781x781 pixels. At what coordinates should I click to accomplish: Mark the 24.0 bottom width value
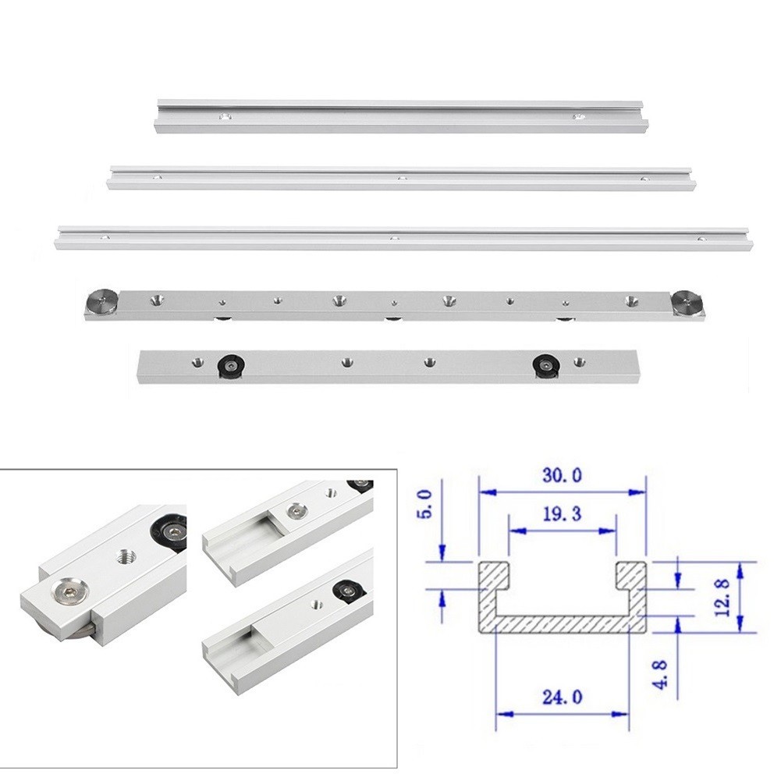click(561, 697)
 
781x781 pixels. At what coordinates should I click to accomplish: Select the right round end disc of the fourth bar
click(687, 304)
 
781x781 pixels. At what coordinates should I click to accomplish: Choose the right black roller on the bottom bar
click(545, 364)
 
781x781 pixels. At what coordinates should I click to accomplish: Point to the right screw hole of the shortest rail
click(578, 117)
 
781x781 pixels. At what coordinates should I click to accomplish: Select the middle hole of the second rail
click(403, 178)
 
